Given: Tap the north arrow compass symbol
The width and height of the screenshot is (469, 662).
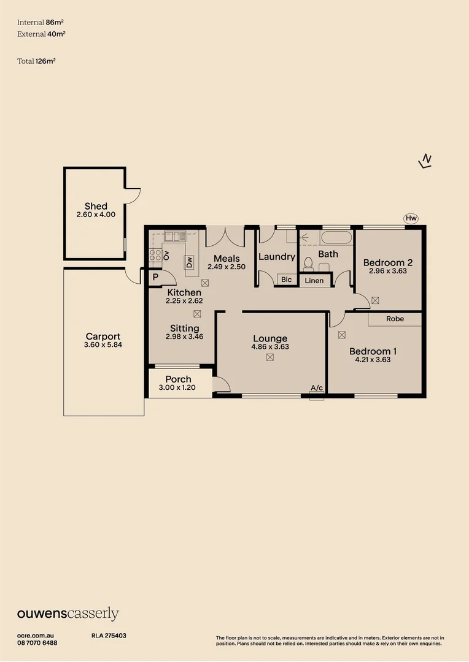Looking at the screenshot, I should click(x=425, y=161).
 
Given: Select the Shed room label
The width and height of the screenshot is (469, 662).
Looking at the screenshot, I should click(x=96, y=207).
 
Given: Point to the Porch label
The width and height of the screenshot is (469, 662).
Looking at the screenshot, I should click(x=178, y=379).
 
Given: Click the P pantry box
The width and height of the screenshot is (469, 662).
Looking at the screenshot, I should click(x=155, y=277).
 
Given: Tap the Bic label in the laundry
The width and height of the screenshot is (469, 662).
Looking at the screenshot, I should click(x=287, y=280).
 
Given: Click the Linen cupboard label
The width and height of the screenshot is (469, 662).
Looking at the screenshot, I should click(x=314, y=281).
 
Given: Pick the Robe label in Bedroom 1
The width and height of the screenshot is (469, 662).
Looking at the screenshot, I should click(x=395, y=319).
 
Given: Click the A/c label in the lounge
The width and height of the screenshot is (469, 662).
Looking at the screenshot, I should click(x=317, y=388).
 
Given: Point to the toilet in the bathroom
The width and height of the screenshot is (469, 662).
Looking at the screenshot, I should click(x=309, y=264).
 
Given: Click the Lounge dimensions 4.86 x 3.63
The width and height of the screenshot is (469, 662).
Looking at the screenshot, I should click(x=270, y=347).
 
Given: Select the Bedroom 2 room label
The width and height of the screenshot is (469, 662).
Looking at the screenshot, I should click(x=388, y=262).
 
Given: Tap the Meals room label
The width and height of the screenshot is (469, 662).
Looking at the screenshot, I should click(x=227, y=259).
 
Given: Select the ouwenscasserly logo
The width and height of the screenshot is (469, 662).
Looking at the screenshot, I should click(x=68, y=614).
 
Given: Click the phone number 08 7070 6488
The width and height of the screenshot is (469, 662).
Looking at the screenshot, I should click(x=37, y=642).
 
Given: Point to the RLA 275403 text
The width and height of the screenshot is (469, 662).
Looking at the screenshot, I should click(x=109, y=636).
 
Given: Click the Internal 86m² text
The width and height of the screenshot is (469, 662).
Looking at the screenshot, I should click(x=36, y=22).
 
